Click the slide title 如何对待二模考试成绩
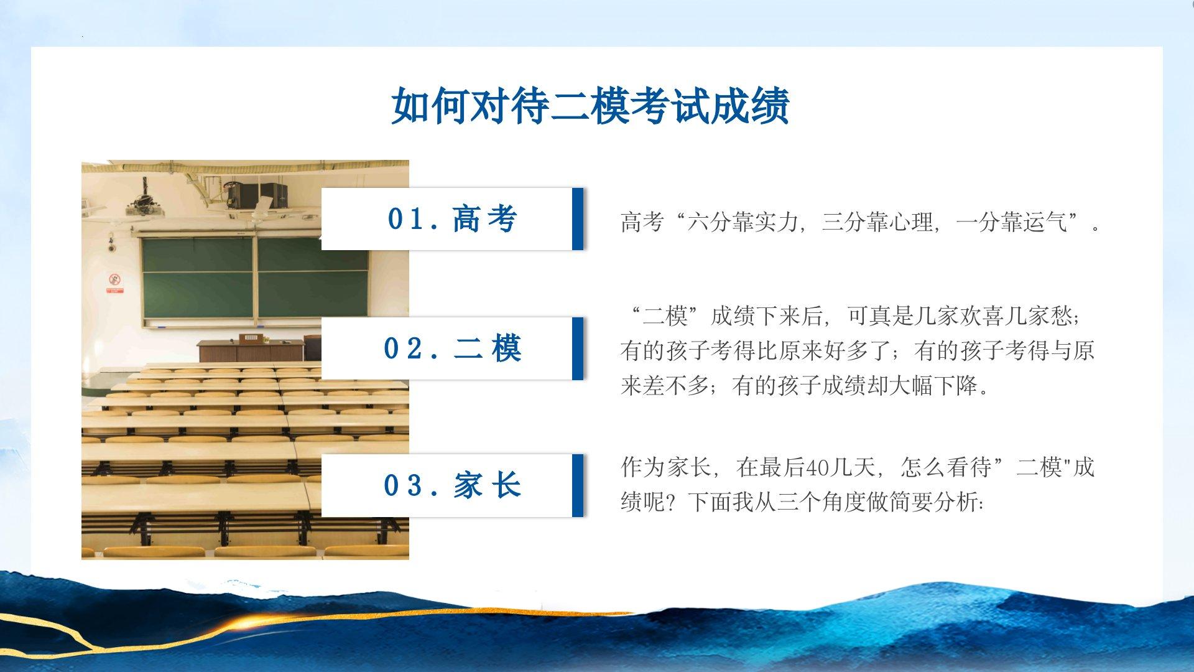(591, 106)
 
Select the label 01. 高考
(453, 219)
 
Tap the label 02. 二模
(453, 348)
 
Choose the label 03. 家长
(453, 485)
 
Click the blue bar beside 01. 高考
(578, 219)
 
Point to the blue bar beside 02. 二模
(578, 348)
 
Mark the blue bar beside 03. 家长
(578, 485)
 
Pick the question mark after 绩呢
(676, 502)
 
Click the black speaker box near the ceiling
(257, 195)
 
